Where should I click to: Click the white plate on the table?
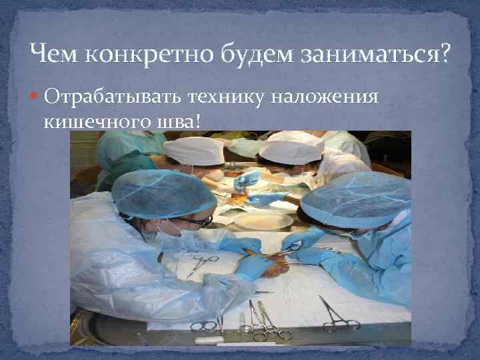tap(263, 220)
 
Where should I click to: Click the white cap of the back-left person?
tap(193, 151)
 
